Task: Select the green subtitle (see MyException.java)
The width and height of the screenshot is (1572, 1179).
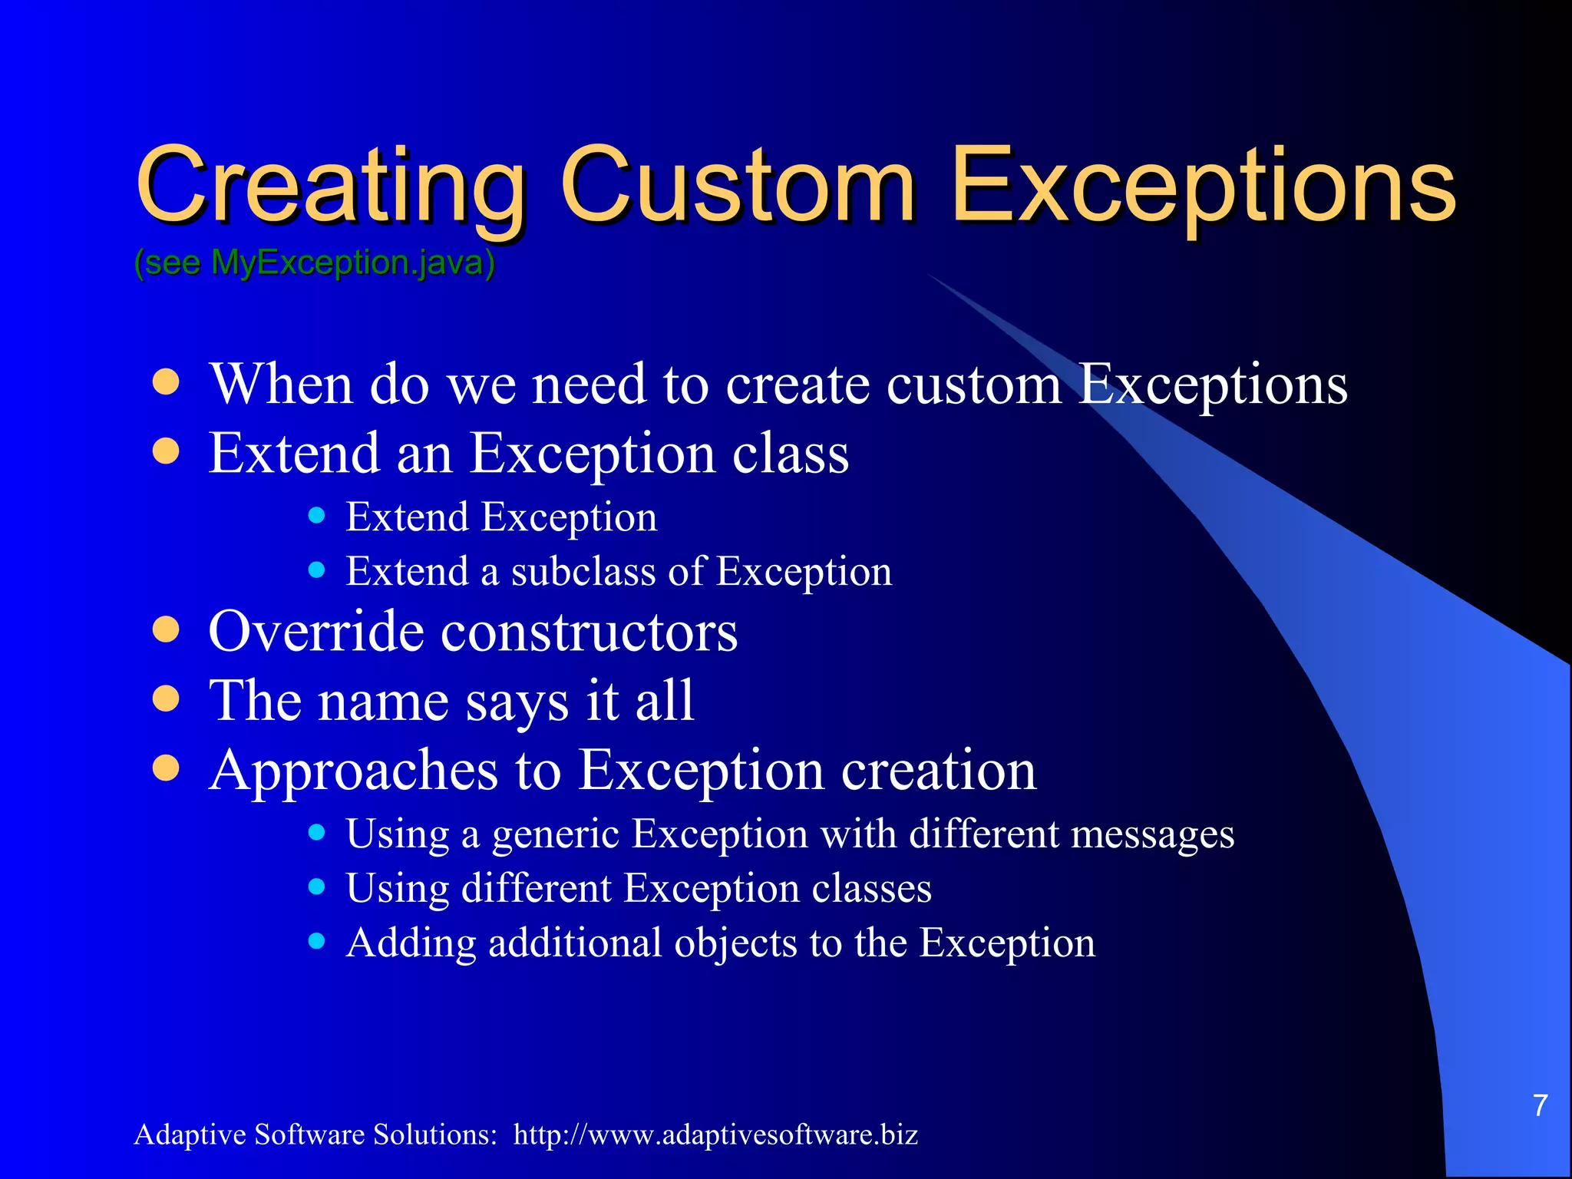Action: click(x=315, y=263)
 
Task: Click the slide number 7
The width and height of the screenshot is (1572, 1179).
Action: click(x=1540, y=1105)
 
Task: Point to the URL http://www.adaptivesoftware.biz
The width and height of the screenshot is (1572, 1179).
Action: click(x=715, y=1134)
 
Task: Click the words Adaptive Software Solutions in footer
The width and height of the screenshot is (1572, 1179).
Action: click(x=315, y=1134)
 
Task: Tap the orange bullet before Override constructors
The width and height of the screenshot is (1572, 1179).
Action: click(x=166, y=630)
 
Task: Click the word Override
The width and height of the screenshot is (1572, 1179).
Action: click(x=315, y=631)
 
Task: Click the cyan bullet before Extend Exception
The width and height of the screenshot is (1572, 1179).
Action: click(x=316, y=515)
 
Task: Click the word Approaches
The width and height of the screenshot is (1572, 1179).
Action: click(x=354, y=771)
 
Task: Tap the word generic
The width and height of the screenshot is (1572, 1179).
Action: click(x=555, y=835)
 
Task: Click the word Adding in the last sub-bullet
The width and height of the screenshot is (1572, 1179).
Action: click(x=411, y=943)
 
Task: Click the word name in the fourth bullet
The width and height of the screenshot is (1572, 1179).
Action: click(x=383, y=702)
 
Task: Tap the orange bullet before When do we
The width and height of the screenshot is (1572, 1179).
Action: click(x=166, y=382)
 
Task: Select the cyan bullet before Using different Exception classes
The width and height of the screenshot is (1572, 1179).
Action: click(x=316, y=887)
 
